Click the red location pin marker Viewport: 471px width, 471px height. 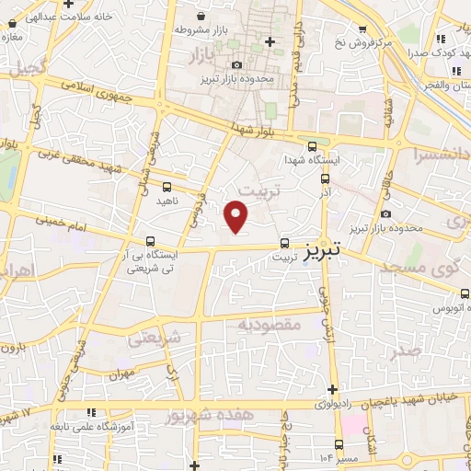click(x=237, y=216)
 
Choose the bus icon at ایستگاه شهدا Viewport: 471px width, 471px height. click(x=313, y=145)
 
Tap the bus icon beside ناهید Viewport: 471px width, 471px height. click(x=167, y=188)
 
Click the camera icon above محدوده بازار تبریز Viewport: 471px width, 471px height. click(x=237, y=64)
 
